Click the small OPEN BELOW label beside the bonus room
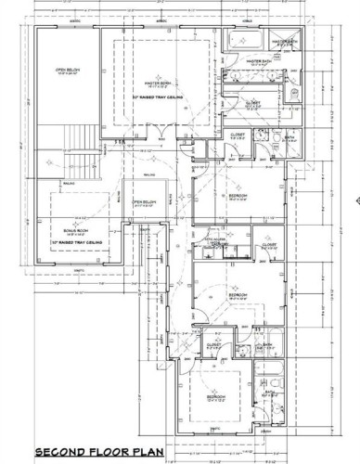[x=143, y=202]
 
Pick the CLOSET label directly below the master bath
[x=253, y=103]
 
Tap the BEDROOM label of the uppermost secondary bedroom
[x=237, y=197]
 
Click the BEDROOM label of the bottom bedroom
[x=214, y=396]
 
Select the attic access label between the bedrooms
[x=212, y=242]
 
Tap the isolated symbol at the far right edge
[x=354, y=198]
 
